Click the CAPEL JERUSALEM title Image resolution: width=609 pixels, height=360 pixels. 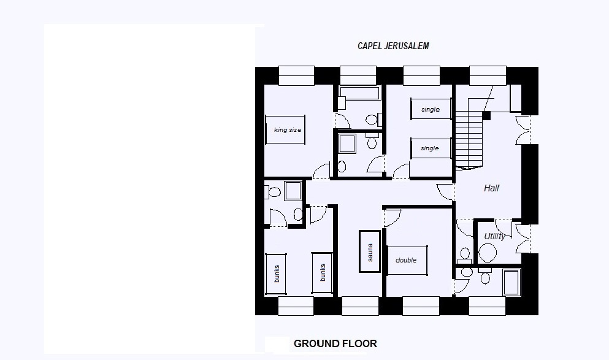click(x=393, y=46)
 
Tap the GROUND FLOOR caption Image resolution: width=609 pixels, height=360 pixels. click(x=335, y=343)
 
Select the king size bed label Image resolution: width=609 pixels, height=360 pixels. click(x=287, y=130)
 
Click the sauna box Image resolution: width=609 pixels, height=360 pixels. click(x=370, y=251)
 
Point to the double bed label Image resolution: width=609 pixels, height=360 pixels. click(x=406, y=260)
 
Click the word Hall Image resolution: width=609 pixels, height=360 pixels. click(x=491, y=188)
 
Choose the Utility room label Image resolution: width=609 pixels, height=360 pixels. click(x=494, y=236)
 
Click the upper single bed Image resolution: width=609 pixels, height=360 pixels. click(x=431, y=109)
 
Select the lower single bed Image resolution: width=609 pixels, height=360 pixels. click(x=431, y=148)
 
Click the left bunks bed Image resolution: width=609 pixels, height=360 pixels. click(x=276, y=273)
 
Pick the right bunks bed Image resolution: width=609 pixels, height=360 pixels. click(x=323, y=273)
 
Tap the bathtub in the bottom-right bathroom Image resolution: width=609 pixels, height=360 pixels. click(x=511, y=281)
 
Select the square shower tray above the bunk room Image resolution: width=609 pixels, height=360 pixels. click(x=293, y=191)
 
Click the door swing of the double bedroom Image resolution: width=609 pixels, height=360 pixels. click(x=393, y=216)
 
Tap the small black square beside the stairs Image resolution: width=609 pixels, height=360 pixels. click(x=486, y=115)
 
